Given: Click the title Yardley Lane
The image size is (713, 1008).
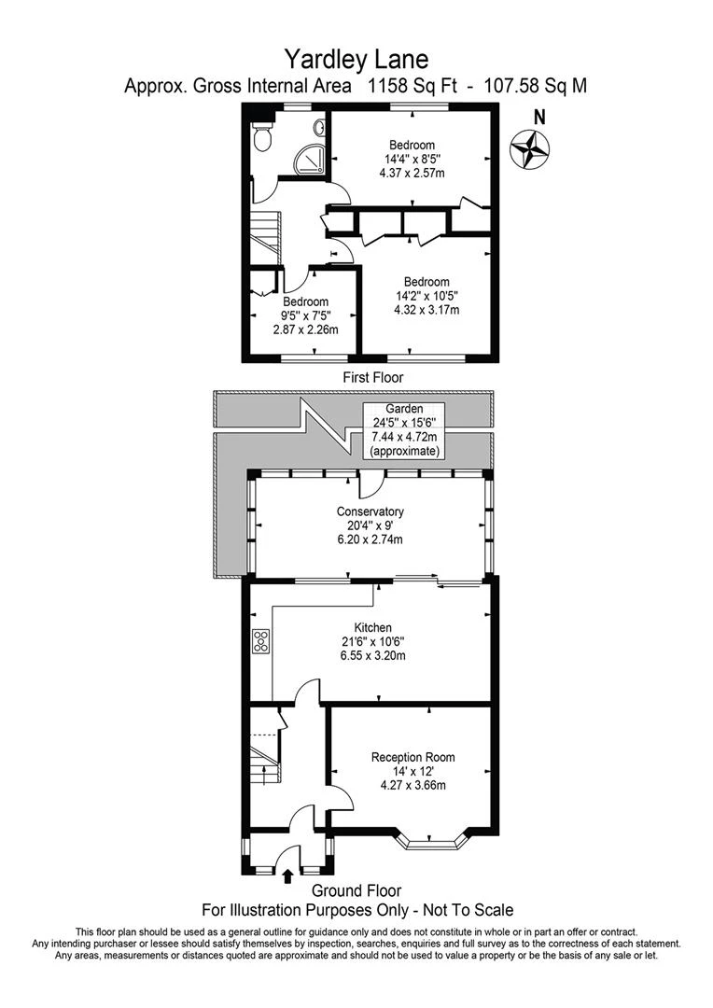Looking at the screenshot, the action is point(356,60).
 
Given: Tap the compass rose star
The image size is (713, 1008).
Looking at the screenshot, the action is point(530,149).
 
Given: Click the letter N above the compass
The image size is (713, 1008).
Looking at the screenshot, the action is point(540,118).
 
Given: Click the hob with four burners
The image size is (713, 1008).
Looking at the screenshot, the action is point(261,642).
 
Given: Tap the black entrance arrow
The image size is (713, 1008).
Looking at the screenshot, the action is point(287,875).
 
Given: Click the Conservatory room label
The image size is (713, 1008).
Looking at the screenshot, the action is point(370,511).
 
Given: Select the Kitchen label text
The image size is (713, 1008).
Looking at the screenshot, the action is point(373,627).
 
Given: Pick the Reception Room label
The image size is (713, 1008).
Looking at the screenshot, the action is point(412,757).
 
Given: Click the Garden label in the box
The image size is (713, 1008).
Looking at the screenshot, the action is point(404,409).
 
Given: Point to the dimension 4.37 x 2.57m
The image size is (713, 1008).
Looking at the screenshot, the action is point(412,173).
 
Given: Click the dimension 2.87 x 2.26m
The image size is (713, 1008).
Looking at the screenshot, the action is point(306,329).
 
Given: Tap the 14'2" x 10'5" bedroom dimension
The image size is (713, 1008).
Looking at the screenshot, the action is point(426,296).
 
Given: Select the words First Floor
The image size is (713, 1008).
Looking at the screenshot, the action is point(373,377).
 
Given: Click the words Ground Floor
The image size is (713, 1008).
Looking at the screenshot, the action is point(356,891).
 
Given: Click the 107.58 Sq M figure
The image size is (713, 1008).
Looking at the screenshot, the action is point(535,86).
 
